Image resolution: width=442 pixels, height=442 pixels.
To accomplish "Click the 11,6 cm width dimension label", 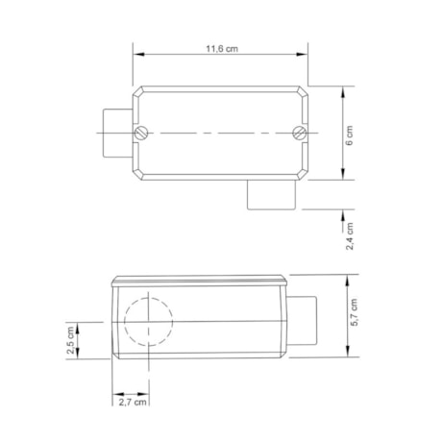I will (222, 48).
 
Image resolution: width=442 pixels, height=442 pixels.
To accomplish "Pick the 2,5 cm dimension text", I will (70, 343).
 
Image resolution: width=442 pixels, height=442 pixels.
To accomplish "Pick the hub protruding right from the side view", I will (302, 320).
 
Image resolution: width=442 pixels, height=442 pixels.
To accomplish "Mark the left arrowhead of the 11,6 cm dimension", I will (135, 55).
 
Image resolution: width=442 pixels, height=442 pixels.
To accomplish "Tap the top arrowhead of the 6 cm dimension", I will (343, 87).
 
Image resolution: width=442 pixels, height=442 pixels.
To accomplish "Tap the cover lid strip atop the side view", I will (199, 282).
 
